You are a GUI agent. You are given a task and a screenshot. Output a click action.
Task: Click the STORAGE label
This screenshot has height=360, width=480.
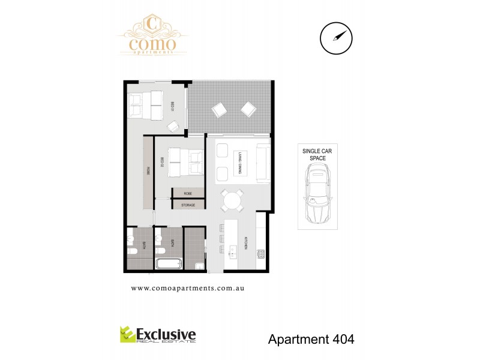click(188, 205)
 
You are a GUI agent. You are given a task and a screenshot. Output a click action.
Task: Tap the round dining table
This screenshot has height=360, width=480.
click(232, 200)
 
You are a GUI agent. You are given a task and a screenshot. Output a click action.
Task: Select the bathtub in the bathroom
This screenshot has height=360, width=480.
click(169, 264)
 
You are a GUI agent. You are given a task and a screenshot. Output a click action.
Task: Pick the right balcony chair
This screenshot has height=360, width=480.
click(248, 109)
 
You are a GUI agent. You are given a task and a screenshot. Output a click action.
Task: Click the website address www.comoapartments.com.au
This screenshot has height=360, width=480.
click(187, 288)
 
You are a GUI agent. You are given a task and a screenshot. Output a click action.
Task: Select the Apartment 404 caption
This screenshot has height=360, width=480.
click(310, 339)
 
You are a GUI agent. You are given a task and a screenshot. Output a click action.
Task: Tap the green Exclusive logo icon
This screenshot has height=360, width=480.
click(127, 334)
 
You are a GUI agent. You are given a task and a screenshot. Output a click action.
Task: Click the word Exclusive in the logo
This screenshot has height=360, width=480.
click(166, 332)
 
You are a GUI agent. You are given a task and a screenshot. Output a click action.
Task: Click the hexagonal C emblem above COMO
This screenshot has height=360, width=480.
click(152, 25)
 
